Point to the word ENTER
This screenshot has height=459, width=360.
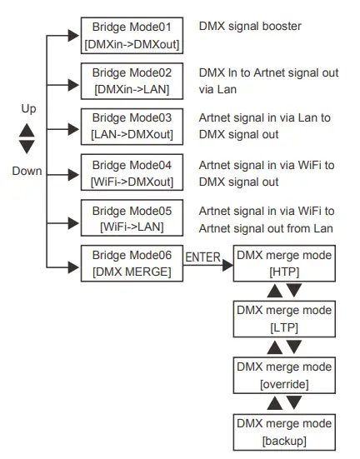click(203, 257)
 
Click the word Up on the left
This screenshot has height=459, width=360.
click(28, 109)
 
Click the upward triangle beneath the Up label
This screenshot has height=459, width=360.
click(27, 130)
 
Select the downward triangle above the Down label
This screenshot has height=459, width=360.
click(27, 147)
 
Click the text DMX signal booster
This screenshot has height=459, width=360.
click(250, 27)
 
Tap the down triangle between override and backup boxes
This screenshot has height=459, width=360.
click(292, 403)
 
